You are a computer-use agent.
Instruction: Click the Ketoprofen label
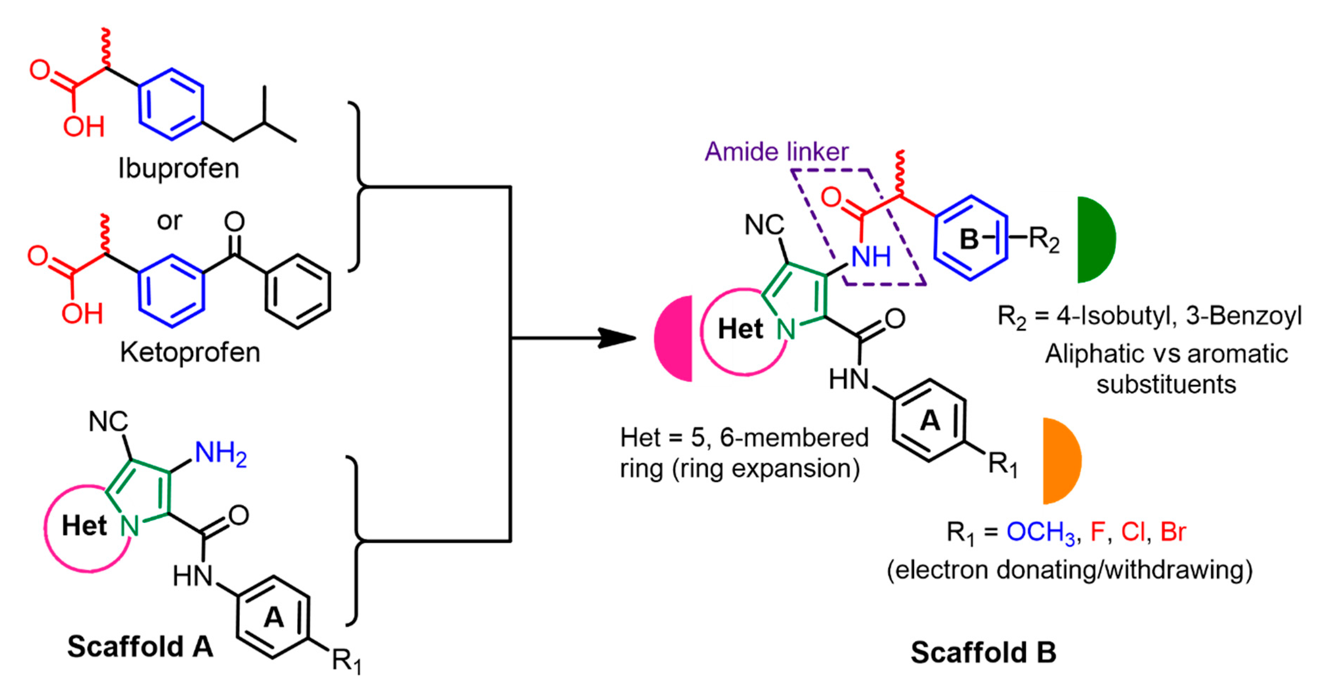190,352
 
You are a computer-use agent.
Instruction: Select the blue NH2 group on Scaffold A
220,453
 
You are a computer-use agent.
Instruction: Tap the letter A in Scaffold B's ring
930,420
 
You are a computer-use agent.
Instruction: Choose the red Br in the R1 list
1173,532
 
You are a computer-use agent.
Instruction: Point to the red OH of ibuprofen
83,127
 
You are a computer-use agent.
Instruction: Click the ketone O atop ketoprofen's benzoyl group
234,222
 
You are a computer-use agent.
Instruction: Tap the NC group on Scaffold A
108,421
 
